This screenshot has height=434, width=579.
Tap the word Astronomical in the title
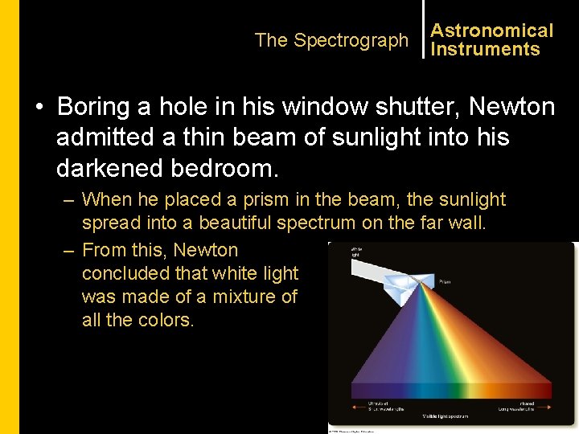(x=491, y=31)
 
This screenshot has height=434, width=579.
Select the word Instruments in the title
(x=485, y=49)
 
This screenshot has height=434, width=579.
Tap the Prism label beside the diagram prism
(x=445, y=282)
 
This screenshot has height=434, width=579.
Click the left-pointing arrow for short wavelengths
(x=358, y=408)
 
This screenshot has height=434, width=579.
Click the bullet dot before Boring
(x=38, y=107)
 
